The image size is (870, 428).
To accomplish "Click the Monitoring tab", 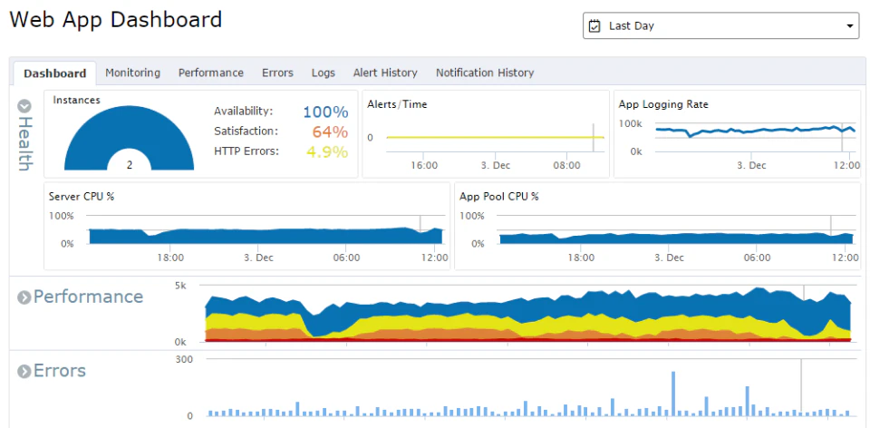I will [132, 73].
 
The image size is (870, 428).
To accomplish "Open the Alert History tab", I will [385, 73].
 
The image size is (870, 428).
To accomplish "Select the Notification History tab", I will [485, 73].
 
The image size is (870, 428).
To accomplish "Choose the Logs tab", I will [323, 73].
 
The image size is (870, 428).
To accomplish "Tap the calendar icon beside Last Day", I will [594, 26].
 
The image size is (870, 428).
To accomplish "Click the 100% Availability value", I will [325, 112].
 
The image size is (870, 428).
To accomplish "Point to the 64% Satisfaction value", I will [330, 131].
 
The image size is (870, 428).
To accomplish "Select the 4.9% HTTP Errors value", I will [327, 151].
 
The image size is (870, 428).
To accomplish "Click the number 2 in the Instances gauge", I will [130, 165].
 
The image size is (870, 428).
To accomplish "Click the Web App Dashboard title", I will [115, 19].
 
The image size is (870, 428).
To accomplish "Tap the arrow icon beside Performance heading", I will [24, 297].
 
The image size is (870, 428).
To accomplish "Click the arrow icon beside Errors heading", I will [24, 372].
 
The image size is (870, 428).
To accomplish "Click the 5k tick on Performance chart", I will [180, 285].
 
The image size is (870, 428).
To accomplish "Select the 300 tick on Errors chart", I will [184, 359].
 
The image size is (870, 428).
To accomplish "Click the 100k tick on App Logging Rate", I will [630, 122].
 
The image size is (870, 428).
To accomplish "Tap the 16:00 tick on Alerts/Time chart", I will [424, 166].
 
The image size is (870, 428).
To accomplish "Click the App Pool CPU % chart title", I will [499, 196].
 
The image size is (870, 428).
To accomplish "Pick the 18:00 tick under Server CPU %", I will [170, 258].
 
